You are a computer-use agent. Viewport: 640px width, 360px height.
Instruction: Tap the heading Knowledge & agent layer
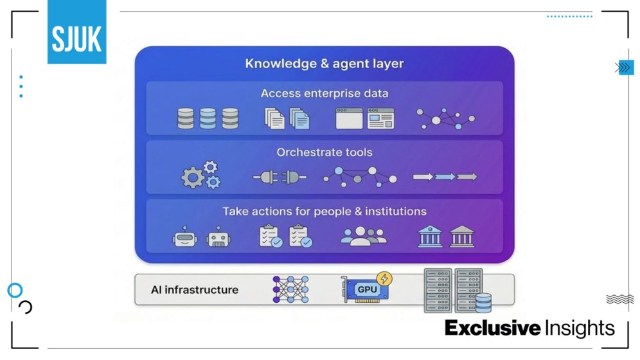point(324,64)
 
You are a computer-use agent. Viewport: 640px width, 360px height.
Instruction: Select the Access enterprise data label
point(324,93)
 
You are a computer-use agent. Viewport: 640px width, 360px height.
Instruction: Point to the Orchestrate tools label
point(324,152)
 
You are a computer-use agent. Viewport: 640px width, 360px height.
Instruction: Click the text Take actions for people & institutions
point(324,211)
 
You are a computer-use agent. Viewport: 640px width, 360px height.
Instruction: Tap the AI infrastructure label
point(194,290)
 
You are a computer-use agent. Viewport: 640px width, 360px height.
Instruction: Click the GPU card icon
point(365,290)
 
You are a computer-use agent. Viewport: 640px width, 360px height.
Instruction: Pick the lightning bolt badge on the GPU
point(384,279)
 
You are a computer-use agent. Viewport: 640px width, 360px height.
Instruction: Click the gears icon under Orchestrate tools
point(201,175)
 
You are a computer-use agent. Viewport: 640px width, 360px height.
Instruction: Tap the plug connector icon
point(279,177)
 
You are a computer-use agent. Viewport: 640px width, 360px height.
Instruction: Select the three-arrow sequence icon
point(445,176)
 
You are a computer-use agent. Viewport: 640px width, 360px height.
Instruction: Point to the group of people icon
point(364,237)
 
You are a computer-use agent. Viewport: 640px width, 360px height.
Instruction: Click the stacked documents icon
point(287,118)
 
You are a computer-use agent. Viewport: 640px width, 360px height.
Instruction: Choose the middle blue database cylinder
point(208,118)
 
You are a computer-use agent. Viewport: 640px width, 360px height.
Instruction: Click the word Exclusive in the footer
point(492,328)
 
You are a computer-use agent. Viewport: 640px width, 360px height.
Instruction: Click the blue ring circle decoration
point(15,290)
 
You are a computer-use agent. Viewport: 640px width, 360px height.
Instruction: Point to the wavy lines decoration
point(619,299)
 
